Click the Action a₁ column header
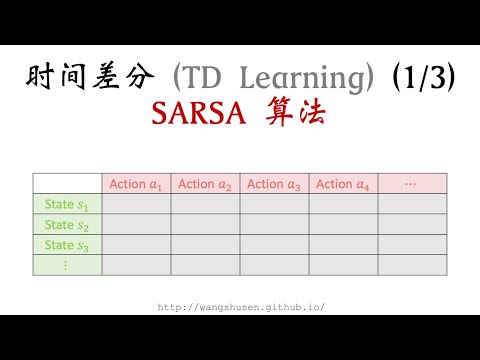click(136, 184)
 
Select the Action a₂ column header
click(205, 184)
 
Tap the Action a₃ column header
click(274, 184)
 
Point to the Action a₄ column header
click(343, 184)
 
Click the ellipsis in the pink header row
click(411, 184)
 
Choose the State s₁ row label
click(67, 205)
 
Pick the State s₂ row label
click(67, 225)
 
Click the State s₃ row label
click(67, 245)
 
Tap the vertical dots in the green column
click(67, 265)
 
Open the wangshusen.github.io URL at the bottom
click(241, 307)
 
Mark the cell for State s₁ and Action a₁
click(136, 205)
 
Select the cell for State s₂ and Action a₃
click(274, 225)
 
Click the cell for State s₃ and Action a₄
click(343, 245)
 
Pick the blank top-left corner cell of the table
click(67, 184)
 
